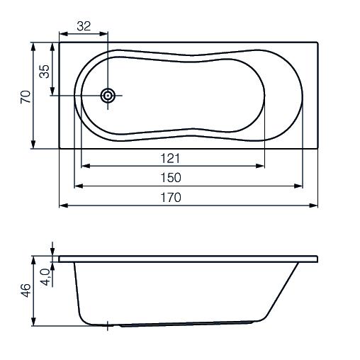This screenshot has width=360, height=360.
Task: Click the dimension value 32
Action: pyautogui.click(x=84, y=26)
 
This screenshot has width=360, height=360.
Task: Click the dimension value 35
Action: pyautogui.click(x=45, y=72)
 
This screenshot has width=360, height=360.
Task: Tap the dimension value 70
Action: pyautogui.click(x=26, y=96)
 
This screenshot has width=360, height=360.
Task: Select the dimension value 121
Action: pyautogui.click(x=170, y=158)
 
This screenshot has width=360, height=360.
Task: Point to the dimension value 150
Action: pyautogui.click(x=171, y=178)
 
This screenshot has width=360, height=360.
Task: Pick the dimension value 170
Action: pyautogui.click(x=171, y=198)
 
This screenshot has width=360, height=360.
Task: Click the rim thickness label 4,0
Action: pyautogui.click(x=45, y=277)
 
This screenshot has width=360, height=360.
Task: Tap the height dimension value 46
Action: pyautogui.click(x=26, y=291)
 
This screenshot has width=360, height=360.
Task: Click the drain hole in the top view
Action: pyautogui.click(x=108, y=96)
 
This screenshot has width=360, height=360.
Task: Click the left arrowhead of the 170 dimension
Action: pyautogui.click(x=64, y=206)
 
